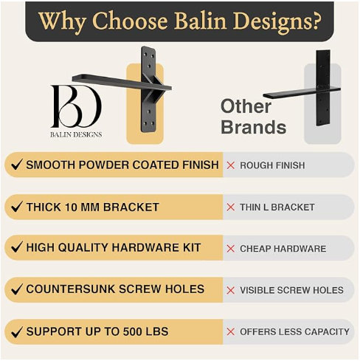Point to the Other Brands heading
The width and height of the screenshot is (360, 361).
tap(253, 116)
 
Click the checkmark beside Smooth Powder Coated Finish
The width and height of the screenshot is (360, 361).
tap(16, 165)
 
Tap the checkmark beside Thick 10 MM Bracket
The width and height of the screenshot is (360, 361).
tap(16, 207)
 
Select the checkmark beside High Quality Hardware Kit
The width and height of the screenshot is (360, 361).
tap(16, 248)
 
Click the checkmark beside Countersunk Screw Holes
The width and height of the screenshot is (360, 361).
tap(16, 289)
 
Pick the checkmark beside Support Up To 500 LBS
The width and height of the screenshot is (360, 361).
tap(16, 331)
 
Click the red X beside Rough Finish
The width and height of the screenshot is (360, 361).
tap(231, 165)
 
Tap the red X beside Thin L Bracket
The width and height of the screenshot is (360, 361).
tap(231, 207)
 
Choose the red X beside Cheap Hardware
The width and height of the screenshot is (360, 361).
tap(231, 249)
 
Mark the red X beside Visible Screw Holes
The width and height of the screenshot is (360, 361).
tap(231, 290)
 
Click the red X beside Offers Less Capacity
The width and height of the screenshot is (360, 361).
tap(231, 331)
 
